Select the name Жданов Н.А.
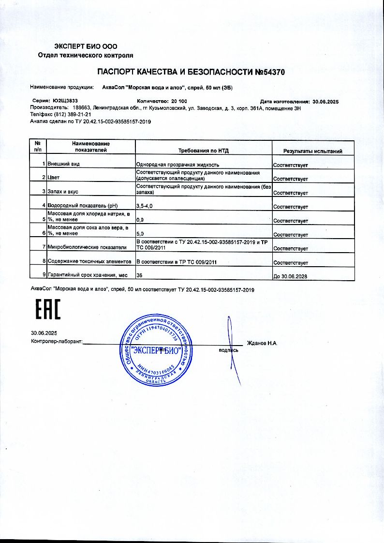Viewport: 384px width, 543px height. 262,343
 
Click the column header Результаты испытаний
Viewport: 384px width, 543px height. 312,151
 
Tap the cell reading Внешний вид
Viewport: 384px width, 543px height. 63,165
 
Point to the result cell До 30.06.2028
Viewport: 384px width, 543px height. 290,277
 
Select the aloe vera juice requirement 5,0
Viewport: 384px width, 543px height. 141,235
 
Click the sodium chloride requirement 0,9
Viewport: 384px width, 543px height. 140,221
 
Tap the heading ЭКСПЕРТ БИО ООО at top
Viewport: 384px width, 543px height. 86,46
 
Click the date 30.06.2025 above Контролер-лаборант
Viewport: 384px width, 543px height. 44,333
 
